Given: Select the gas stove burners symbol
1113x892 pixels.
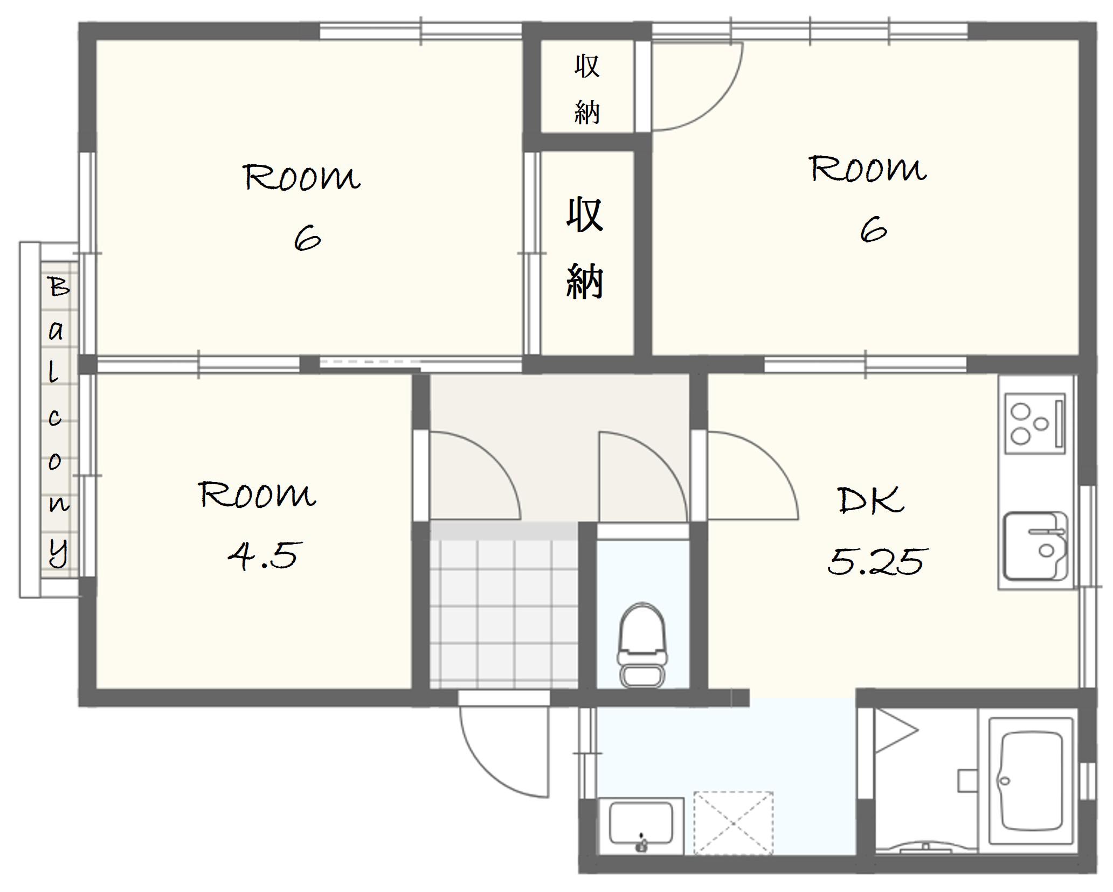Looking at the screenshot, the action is point(1035,423).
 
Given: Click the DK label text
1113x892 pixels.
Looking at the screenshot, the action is point(870,500).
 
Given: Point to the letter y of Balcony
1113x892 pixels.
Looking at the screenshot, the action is point(59,551).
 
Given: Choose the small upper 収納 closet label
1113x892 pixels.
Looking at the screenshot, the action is point(586,89).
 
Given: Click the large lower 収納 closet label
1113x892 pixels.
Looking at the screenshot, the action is point(585,248).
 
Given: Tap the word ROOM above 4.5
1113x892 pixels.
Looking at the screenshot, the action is point(257,494).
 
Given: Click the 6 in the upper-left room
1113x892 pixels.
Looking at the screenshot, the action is point(307,239).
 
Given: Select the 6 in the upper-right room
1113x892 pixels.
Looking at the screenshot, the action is point(873,229).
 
